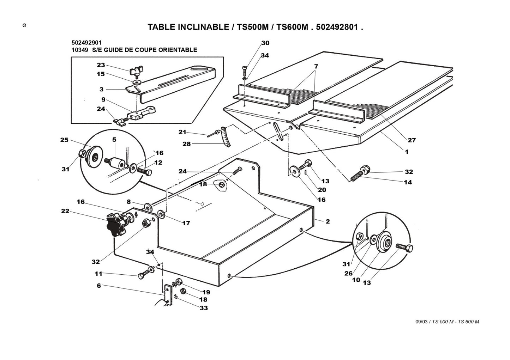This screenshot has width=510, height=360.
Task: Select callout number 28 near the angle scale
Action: click(186, 144)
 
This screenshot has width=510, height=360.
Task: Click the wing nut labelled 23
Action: click(135, 72)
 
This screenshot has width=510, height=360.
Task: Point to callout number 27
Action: click(412, 140)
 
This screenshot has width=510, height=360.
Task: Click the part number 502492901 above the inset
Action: click(87, 43)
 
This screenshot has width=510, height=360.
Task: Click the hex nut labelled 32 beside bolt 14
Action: click(365, 170)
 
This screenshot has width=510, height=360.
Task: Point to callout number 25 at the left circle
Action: click(64, 140)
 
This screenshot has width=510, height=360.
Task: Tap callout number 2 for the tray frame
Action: click(328, 221)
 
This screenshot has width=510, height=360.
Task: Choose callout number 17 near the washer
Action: click(186, 223)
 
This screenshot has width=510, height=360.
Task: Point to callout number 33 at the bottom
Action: click(204, 308)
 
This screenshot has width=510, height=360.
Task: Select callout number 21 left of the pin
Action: click(182, 132)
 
